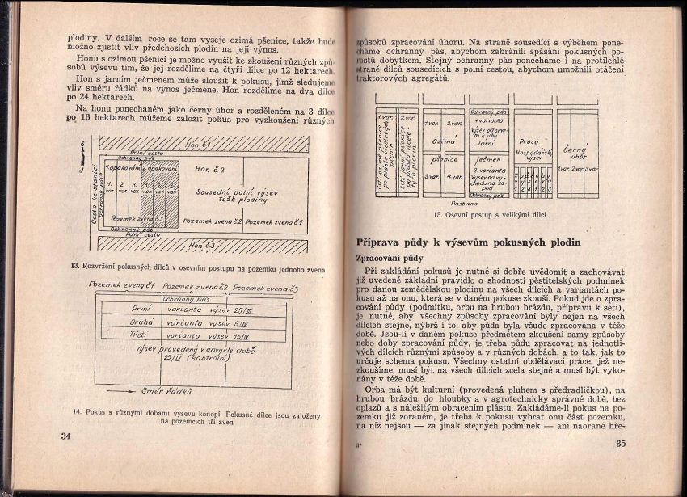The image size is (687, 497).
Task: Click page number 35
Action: (621, 443)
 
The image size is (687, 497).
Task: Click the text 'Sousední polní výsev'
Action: (228, 192)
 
